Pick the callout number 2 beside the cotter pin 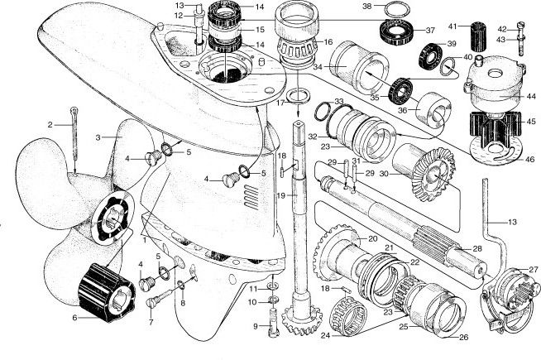pyautogui.click(x=50, y=124)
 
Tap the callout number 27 pyautogui.click(x=534, y=270)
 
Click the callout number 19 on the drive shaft pyautogui.click(x=280, y=195)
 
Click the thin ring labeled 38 pyautogui.click(x=395, y=10)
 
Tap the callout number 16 pyautogui.click(x=328, y=41)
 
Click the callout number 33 pyautogui.click(x=316, y=102)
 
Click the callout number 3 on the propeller pyautogui.click(x=98, y=137)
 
